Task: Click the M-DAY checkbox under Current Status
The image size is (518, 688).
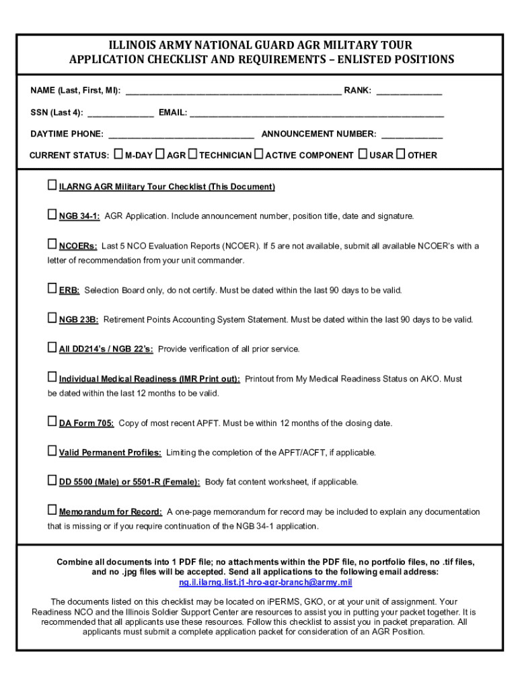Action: point(119,155)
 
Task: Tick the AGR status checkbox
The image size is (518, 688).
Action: point(160,155)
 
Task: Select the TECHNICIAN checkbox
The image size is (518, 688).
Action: point(192,155)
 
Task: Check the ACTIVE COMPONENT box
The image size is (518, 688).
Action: point(259,155)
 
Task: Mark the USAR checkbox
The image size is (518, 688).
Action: point(363,155)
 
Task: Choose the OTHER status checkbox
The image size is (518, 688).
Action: point(401,155)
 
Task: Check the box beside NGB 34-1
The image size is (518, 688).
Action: point(52,215)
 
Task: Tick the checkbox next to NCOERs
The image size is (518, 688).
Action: point(52,245)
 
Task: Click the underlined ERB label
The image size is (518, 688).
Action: point(69,290)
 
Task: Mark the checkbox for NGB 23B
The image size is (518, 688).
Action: point(52,318)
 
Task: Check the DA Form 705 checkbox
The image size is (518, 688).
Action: point(52,422)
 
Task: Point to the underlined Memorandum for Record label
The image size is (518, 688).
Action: point(110,512)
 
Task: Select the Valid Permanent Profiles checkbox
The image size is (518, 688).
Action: point(52,451)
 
